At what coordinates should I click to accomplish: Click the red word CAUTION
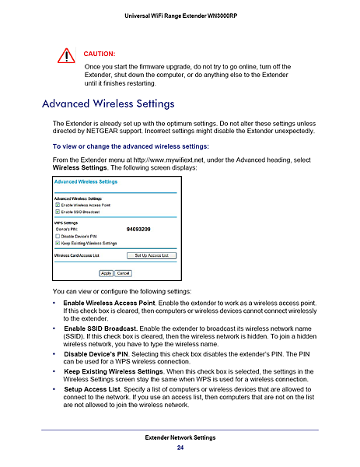tap(99, 54)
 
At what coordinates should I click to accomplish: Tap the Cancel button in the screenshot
tap(124, 273)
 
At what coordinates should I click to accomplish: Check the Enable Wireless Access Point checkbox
tap(58, 204)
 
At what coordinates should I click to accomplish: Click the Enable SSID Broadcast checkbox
tap(58, 211)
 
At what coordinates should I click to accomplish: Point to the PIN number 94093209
tap(138, 230)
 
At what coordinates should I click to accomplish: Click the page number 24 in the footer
tap(180, 448)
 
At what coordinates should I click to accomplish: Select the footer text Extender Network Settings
tap(180, 438)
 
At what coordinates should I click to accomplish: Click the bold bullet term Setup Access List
tap(93, 388)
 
